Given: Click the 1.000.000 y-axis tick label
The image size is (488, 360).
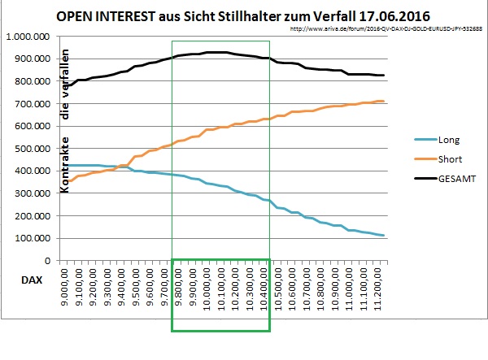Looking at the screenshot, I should pos(28,37).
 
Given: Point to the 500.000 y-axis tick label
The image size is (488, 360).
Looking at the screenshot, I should pos(33,149).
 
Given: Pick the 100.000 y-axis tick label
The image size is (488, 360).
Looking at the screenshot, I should pos(33,238).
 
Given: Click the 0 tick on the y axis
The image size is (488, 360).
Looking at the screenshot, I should pos(47,261).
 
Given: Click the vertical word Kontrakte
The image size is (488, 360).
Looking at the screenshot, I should pos(65,163).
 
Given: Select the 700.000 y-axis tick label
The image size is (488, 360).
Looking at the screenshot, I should pos(33,104).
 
